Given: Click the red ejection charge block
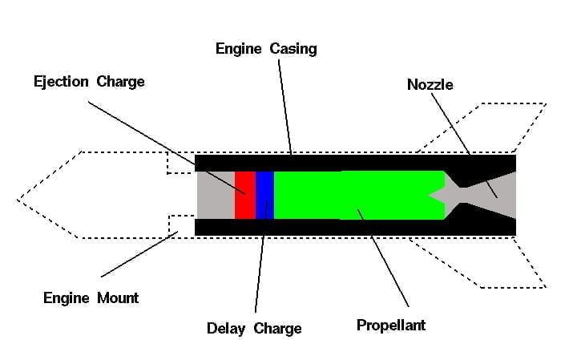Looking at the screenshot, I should tap(244, 195).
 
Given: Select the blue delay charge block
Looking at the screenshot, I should tap(264, 195).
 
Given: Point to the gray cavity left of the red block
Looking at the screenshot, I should tap(215, 195).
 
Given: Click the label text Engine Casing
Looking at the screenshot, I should tap(266, 49).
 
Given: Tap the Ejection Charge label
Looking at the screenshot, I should tap(89, 82).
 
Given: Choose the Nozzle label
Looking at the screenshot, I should tap(430, 84).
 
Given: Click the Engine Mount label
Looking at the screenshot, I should tap(91, 298).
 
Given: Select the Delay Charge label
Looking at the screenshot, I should tap(254, 329).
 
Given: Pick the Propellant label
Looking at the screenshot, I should tap(390, 326).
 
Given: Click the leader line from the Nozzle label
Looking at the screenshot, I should tap(465, 144).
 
